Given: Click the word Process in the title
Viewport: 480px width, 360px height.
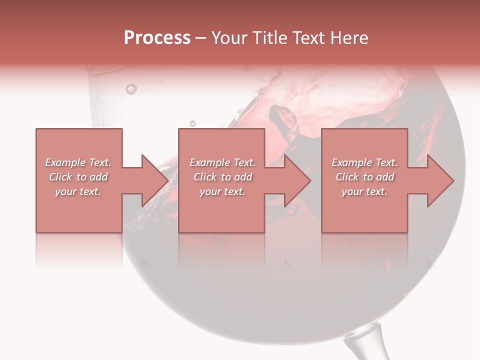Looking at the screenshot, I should click(157, 38).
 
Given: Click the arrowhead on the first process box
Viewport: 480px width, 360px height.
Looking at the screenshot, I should click(154, 180).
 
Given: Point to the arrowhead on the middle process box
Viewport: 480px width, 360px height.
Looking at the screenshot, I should click(297, 180).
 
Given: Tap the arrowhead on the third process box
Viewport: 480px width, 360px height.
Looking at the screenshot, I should click(439, 180).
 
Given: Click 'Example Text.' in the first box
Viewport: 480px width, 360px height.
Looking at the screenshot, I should click(78, 162).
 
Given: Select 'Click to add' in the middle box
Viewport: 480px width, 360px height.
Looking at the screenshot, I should click(222, 177).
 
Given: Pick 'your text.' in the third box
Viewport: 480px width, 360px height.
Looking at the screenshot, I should click(364, 191).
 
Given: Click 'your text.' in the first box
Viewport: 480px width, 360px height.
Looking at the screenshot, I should click(78, 191).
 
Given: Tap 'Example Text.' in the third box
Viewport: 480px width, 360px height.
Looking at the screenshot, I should click(364, 162).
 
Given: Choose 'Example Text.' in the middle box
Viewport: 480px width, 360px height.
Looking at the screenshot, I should click(222, 162).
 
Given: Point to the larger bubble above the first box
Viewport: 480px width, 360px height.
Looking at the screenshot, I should click(131, 89).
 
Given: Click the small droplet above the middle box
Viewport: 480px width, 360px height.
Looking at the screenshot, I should click(193, 123).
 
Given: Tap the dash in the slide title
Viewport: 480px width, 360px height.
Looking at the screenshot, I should click(201, 38).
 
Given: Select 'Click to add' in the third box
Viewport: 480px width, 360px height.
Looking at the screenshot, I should click(364, 177).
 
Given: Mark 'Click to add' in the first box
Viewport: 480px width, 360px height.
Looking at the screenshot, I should click(78, 177).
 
